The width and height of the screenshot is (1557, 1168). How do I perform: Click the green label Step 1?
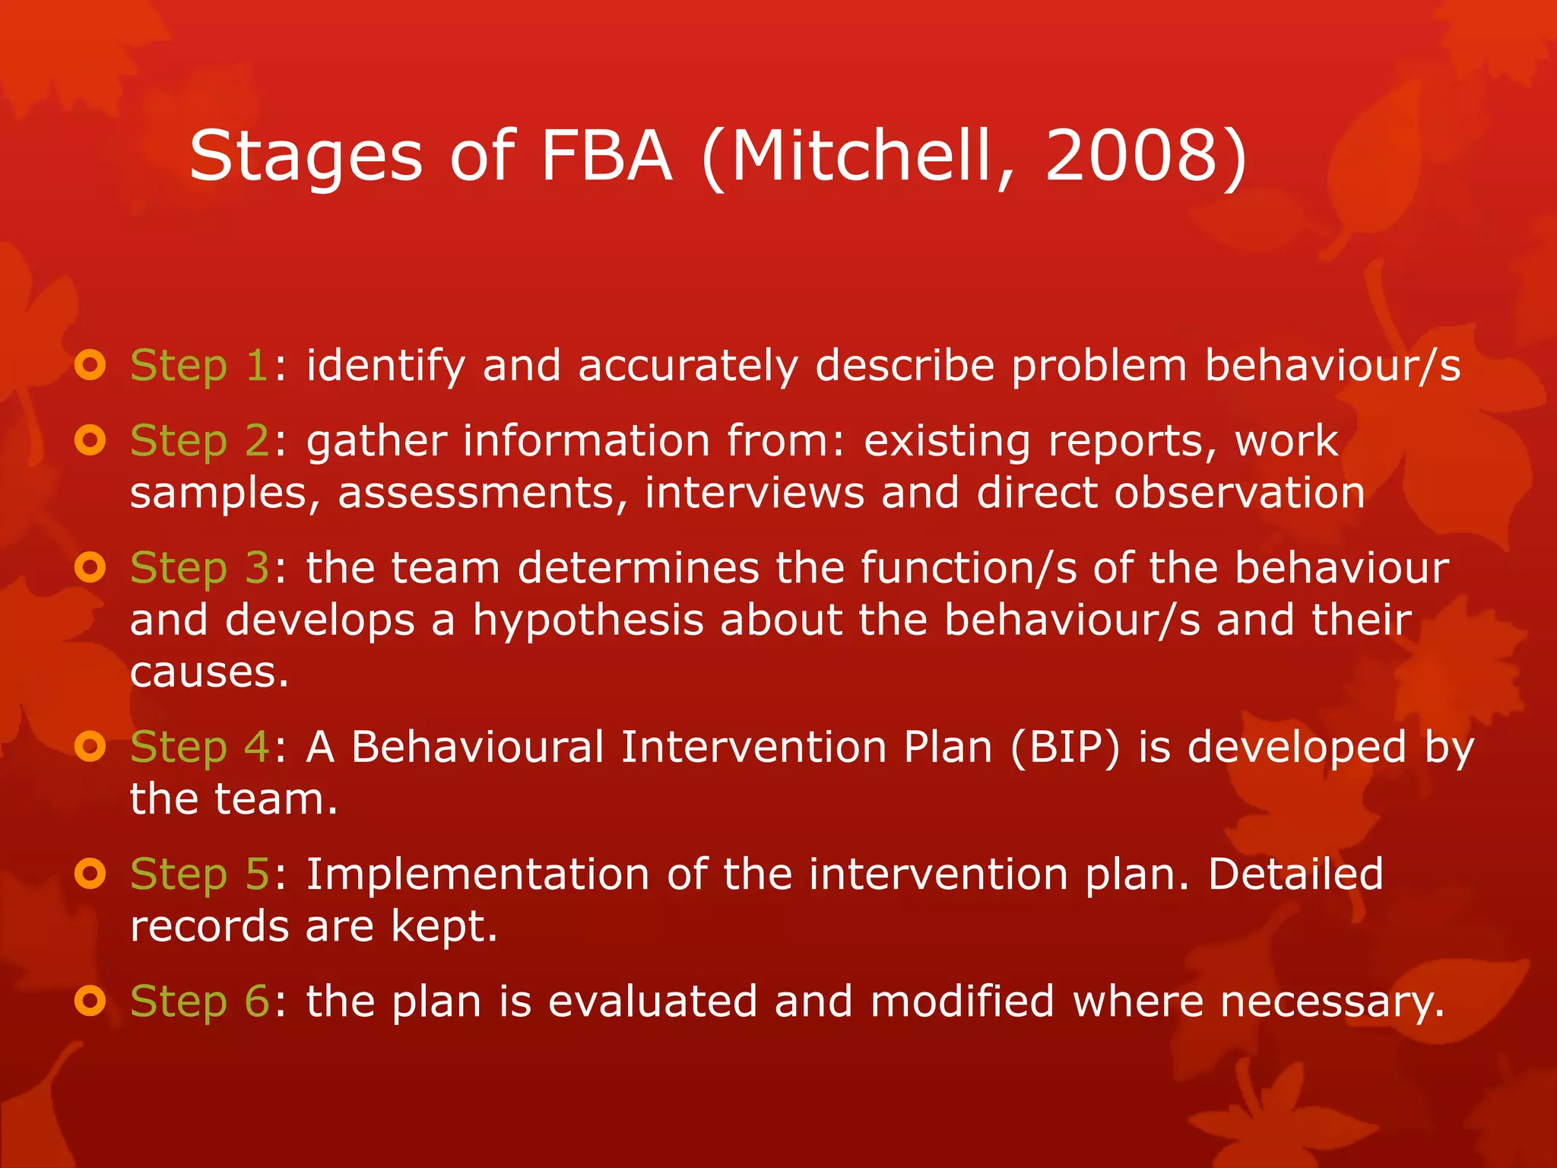tap(198, 367)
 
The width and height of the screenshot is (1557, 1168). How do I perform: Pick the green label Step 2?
tap(200, 441)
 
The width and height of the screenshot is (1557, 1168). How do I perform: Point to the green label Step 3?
tap(200, 569)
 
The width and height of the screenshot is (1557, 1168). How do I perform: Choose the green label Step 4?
tap(200, 747)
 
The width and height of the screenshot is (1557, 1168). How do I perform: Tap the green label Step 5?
tap(200, 874)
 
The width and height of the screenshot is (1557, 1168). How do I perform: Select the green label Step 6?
tap(200, 1001)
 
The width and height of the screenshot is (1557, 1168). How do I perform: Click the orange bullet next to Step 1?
tap(90, 366)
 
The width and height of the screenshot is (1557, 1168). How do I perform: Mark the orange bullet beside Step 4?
tap(90, 747)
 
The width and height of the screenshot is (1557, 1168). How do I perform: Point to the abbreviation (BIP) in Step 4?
tap(1064, 747)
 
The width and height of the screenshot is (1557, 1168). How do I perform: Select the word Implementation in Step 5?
tap(477, 874)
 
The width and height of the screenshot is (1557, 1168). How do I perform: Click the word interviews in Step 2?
tap(754, 493)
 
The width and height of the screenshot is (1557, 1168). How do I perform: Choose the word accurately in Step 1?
tap(688, 367)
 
